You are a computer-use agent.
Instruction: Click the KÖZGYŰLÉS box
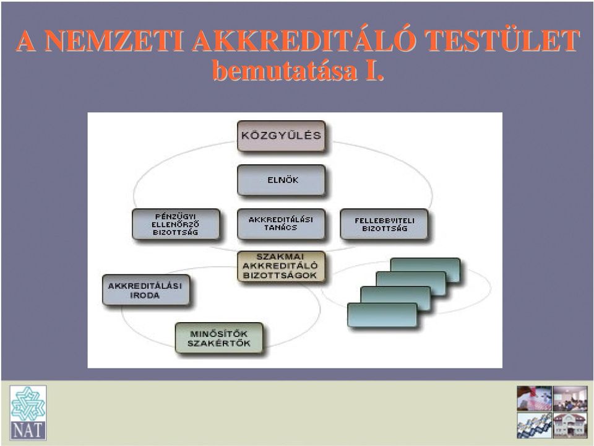point(281,136)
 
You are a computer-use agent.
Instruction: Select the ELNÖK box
point(281,180)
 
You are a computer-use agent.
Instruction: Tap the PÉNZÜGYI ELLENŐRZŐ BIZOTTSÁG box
point(176,224)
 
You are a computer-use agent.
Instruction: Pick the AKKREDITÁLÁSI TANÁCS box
point(281,224)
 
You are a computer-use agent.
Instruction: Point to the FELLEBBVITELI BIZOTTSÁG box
point(384,224)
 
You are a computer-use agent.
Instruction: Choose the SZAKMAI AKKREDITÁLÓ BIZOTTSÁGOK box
point(281,266)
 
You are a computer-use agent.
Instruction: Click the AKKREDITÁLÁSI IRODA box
point(146,290)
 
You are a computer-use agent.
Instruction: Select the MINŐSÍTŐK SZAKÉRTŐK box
point(219,338)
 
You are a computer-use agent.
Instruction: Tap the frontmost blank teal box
point(382,315)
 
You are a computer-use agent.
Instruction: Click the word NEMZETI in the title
point(114,41)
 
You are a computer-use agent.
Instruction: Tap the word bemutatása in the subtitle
point(285,70)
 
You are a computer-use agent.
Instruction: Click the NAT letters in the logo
point(28,431)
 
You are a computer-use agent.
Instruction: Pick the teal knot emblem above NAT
point(28,403)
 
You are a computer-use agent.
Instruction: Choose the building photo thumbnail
point(570,425)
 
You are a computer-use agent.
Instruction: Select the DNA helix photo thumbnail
point(534,425)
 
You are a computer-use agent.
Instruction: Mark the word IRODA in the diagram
point(145,295)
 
